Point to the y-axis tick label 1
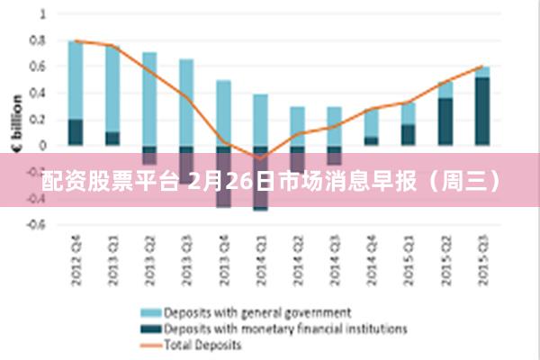tap(41, 14)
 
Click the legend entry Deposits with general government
tap(256, 313)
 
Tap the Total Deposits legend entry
tap(202, 345)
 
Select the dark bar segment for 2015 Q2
tap(446, 121)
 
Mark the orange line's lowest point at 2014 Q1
tap(261, 158)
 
